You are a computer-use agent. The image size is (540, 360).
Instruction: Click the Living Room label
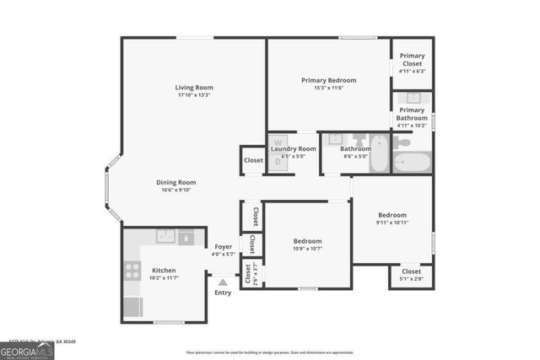pos(194,87)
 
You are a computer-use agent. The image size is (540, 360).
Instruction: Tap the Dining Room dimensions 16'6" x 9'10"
pos(175,191)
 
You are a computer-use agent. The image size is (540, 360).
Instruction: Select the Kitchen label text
pos(164,271)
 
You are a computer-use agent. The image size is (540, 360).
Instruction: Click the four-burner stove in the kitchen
pos(132,271)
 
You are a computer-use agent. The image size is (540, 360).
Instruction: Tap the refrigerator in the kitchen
pos(132,307)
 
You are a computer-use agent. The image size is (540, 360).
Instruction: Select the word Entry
pos(223,293)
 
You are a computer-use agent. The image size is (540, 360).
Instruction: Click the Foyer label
pos(223,246)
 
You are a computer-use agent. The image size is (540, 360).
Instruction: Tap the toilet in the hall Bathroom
pos(359,140)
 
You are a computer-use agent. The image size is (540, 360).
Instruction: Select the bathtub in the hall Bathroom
pos(380,153)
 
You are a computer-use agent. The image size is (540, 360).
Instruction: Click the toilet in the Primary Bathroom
pos(403,143)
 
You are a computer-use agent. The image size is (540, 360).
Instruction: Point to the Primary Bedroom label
pos(329,80)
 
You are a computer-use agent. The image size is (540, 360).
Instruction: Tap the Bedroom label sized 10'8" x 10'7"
pos(307,241)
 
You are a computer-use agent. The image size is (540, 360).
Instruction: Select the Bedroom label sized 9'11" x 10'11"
pos(392,215)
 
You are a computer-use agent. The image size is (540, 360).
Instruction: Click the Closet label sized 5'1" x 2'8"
pos(412,271)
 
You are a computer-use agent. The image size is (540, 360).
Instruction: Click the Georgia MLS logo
pos(27,352)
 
